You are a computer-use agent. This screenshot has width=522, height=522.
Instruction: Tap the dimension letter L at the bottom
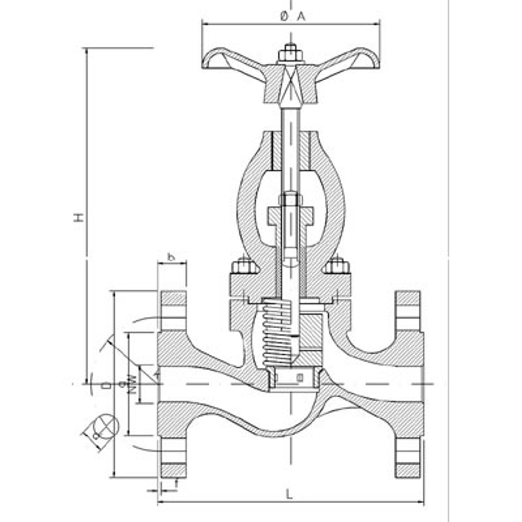click(289, 493)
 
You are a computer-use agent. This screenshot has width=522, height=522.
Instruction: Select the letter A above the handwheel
click(301, 16)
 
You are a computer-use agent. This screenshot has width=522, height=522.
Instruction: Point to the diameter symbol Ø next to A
click(284, 16)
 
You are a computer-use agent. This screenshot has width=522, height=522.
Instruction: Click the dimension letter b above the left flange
click(171, 257)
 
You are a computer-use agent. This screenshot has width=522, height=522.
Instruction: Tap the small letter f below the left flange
click(177, 482)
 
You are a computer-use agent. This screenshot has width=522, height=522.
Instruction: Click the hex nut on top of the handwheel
click(290, 53)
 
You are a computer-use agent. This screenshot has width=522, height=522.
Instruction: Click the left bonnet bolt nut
click(244, 266)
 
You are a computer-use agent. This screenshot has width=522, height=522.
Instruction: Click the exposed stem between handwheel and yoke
click(290, 118)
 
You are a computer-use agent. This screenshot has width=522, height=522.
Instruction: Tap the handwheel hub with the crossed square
click(290, 82)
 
